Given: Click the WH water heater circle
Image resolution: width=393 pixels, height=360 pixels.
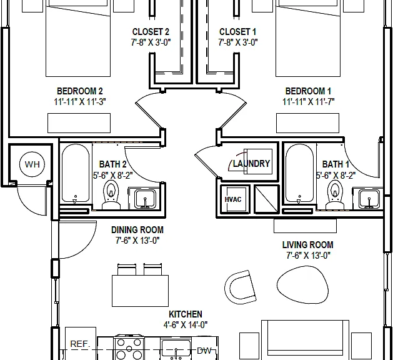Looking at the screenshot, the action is click(x=32, y=164).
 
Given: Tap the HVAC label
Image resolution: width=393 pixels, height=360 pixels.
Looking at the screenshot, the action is click(x=233, y=199).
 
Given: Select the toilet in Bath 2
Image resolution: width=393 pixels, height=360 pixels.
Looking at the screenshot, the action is click(x=111, y=195).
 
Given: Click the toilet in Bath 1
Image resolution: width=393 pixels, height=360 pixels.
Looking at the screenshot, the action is click(x=335, y=195).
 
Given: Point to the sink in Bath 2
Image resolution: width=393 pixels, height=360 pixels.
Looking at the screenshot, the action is click(x=145, y=199).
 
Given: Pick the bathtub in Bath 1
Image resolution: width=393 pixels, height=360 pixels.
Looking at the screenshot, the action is click(x=299, y=173).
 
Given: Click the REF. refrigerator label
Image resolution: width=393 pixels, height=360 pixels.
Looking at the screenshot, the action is click(x=80, y=344).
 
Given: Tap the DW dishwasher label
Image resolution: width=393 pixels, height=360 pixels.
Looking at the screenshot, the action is click(x=204, y=351).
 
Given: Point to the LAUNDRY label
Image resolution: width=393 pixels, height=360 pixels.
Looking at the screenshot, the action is click(x=251, y=164).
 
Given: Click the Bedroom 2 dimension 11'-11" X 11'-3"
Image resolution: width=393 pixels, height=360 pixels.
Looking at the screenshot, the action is click(x=80, y=102).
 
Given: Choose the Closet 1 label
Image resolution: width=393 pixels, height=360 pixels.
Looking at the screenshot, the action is click(x=237, y=32).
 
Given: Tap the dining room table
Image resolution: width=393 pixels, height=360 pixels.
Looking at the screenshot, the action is click(x=140, y=291).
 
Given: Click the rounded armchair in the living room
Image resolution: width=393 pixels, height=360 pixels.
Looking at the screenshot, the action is click(x=240, y=287).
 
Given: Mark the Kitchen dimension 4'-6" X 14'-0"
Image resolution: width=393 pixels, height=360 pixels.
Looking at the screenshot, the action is click(x=186, y=325).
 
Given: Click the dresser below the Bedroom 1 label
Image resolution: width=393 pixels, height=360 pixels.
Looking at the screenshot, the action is click(x=307, y=123).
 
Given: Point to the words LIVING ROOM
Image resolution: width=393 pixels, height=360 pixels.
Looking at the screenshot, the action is click(x=308, y=244).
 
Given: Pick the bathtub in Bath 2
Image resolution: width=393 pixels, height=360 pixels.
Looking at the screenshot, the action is click(x=76, y=173).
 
